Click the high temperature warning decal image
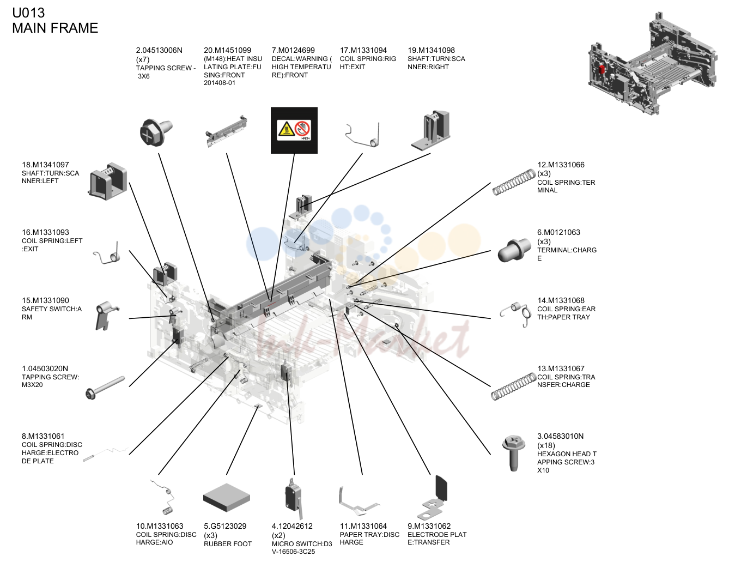point(294,130)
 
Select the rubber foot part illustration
point(227,497)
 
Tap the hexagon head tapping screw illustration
point(513,452)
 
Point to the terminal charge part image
point(514,250)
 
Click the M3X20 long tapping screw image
point(105,388)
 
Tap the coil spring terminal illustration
point(514,182)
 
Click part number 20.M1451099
point(227,50)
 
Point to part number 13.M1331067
point(561,368)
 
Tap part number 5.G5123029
point(225,526)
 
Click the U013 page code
point(28,13)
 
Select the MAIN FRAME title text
point(55,28)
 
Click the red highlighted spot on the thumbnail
point(602,69)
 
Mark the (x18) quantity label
point(546,445)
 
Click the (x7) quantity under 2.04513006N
point(143,59)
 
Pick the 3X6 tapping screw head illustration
point(156,132)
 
